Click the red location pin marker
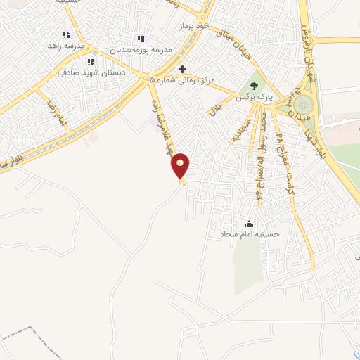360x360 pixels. [x=181, y=166]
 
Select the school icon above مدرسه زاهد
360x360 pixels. [x=67, y=34]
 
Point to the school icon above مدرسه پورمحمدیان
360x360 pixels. [x=140, y=39]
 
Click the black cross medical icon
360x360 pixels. [x=183, y=69]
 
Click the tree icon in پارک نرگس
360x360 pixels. [x=254, y=85]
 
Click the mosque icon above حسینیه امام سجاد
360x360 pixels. [x=249, y=224]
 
